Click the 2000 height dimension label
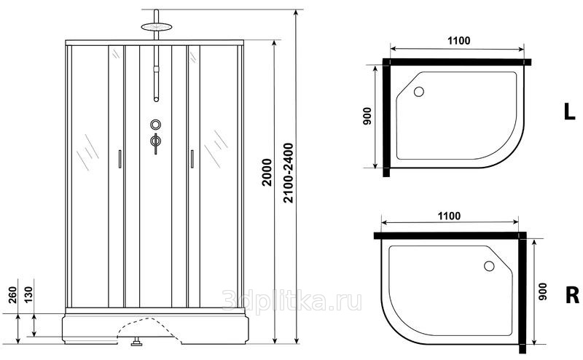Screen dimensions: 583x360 (267, 172)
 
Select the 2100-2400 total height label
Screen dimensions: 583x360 (289, 173)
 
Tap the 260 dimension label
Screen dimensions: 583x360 (13, 295)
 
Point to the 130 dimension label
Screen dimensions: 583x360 (28, 295)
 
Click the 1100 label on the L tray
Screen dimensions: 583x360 (458, 40)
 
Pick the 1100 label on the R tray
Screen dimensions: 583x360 (449, 216)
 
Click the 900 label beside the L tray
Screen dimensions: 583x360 (367, 116)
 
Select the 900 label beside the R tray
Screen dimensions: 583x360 (542, 291)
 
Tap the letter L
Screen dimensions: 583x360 (569, 111)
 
